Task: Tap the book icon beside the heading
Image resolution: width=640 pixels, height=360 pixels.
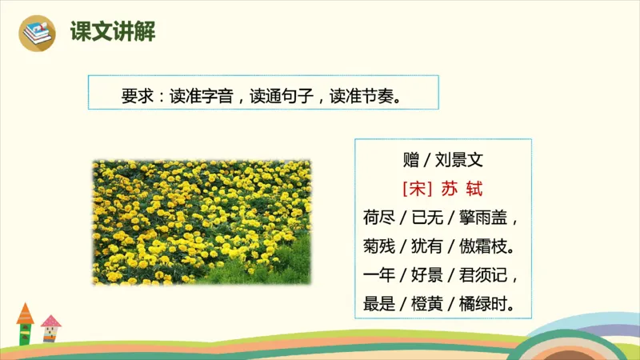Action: [x=36, y=33]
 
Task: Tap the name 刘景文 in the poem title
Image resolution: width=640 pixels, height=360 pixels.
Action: [x=460, y=159]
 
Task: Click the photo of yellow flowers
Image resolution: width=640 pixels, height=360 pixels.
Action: [x=202, y=222]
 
